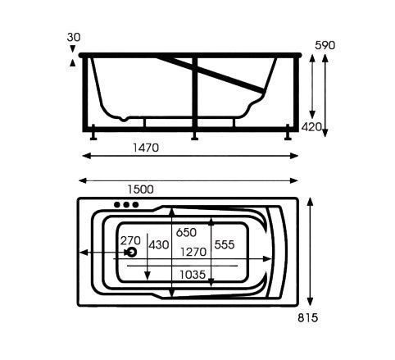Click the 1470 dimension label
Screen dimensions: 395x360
click(x=146, y=148)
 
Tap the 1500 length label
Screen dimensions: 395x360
click(x=141, y=189)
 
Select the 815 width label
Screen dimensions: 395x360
click(x=308, y=318)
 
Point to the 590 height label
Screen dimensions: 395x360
click(x=325, y=45)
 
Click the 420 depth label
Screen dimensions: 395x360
click(x=311, y=127)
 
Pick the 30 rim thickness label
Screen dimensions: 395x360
click(x=74, y=37)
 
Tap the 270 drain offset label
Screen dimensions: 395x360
click(x=130, y=240)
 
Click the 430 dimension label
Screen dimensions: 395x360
click(x=159, y=245)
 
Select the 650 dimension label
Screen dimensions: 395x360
click(x=186, y=233)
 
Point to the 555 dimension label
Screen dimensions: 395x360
click(x=225, y=245)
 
